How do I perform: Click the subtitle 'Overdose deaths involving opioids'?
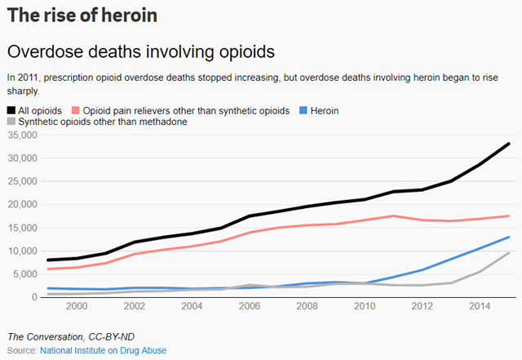pos(140,51)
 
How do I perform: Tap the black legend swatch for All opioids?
pos(11,110)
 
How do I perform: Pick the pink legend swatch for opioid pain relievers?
pos(76,110)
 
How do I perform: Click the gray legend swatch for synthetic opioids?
pos(11,122)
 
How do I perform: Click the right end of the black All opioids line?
pos(510,144)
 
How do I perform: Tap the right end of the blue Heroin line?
pos(510,238)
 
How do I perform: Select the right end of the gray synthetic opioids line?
pos(510,253)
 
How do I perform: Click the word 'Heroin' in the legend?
pos(325,110)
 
